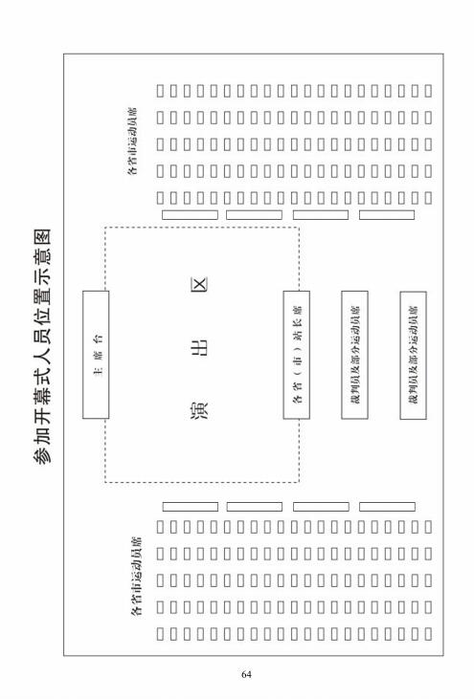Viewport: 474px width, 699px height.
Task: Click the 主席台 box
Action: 96,355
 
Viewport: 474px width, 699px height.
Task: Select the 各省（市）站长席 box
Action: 296,355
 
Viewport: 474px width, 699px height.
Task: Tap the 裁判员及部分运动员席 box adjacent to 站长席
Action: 355,355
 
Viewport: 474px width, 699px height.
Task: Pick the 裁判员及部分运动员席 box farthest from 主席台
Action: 413,356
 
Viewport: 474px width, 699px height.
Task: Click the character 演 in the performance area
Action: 199,411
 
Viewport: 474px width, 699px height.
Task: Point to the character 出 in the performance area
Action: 199,347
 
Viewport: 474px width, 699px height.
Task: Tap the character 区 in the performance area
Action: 199,284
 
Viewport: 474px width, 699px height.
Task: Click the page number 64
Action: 246,674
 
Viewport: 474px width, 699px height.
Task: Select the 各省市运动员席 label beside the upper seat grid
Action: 132,141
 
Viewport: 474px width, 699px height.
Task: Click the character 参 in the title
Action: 43,453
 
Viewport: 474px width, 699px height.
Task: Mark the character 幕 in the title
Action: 43,389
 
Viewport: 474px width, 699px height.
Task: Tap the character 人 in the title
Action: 43,346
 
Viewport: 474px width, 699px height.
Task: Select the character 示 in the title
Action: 43,282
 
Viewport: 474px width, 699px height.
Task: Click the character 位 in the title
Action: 43,303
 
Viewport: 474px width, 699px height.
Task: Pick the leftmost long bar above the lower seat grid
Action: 191,507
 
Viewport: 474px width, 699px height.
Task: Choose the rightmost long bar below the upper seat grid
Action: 387,215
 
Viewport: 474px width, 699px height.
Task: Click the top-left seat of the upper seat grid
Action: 160,91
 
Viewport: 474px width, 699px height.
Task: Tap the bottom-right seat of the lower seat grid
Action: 428,634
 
